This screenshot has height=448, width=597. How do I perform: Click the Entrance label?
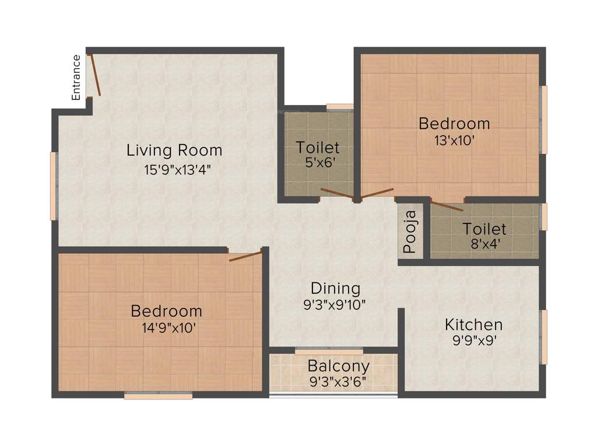coord(76,77)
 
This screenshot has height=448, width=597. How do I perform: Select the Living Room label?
coord(174,150)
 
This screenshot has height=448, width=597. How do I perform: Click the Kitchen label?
coord(473,324)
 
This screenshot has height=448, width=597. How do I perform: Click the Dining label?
coord(335,288)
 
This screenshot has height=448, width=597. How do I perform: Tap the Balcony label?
coord(338,366)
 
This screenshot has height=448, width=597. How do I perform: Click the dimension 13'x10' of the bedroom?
coord(453,140)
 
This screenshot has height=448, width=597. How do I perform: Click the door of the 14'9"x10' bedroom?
coord(245,256)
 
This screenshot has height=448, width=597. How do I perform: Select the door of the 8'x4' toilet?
coord(447,205)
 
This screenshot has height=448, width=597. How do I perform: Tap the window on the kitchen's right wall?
coord(544,337)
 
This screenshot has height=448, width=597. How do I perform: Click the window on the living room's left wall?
coord(54,185)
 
